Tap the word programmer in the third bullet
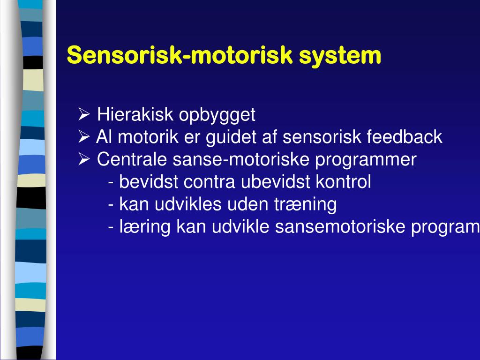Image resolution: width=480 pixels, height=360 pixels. (365, 160)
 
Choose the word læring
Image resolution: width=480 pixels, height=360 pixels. (145, 227)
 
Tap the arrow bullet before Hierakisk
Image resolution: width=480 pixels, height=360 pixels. (84, 114)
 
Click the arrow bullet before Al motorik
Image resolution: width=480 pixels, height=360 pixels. (84, 137)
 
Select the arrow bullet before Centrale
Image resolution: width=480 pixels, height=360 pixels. (84, 160)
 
